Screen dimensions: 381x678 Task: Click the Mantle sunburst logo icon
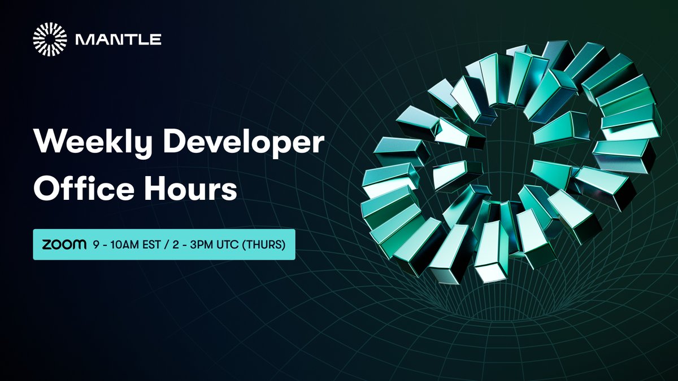pos(50,40)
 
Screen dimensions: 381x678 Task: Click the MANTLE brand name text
pos(118,40)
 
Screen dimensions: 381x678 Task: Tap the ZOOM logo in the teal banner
pos(64,244)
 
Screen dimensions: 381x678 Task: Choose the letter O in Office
pos(46,190)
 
